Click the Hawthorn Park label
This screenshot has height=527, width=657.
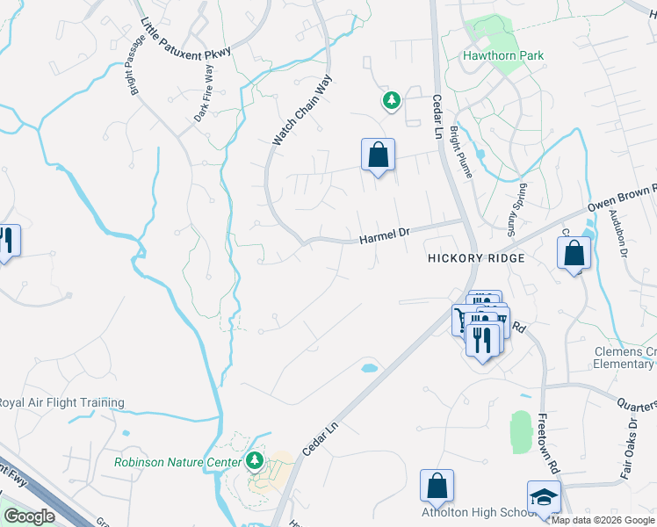pos(503,55)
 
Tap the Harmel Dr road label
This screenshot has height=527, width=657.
pos(385,235)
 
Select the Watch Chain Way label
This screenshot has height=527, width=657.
pos(302,110)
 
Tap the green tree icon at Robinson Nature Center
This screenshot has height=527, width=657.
pos(255,460)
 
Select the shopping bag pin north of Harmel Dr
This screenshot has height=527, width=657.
pos(378,155)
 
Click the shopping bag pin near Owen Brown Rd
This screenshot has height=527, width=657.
pos(574,254)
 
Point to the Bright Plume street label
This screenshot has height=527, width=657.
pos(461,152)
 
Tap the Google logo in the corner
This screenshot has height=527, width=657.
pos(29,516)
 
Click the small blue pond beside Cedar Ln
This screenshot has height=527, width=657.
pos(370,367)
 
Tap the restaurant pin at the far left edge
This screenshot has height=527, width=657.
pos(8,241)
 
